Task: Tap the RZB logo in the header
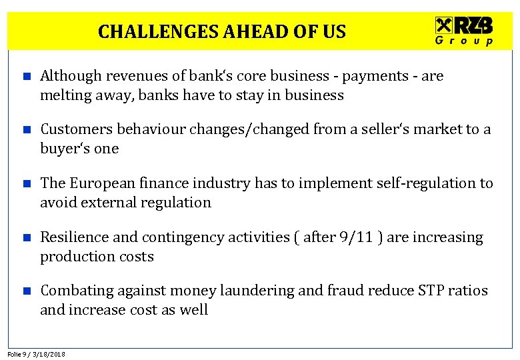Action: tap(464, 26)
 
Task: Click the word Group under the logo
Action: tap(464, 41)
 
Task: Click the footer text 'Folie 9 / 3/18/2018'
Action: tap(37, 354)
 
